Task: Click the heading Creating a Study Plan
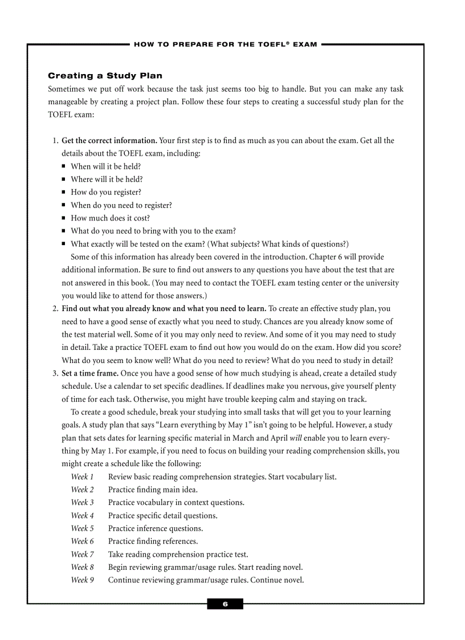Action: [105, 76]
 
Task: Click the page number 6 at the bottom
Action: [225, 604]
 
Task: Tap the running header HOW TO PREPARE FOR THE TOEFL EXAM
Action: [225, 44]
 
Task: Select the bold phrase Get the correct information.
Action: [109, 141]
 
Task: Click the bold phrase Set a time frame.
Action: [90, 374]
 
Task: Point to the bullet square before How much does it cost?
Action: [64, 218]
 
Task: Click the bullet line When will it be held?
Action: [105, 166]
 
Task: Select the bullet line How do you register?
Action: [105, 192]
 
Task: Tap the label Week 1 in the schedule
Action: [82, 477]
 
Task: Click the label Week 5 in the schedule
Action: [82, 529]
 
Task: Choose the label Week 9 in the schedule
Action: [82, 581]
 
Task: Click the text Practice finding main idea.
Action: [153, 490]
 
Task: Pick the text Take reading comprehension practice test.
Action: [178, 555]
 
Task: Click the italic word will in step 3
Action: [295, 438]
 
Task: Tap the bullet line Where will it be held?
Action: [107, 180]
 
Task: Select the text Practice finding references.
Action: [153, 541]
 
